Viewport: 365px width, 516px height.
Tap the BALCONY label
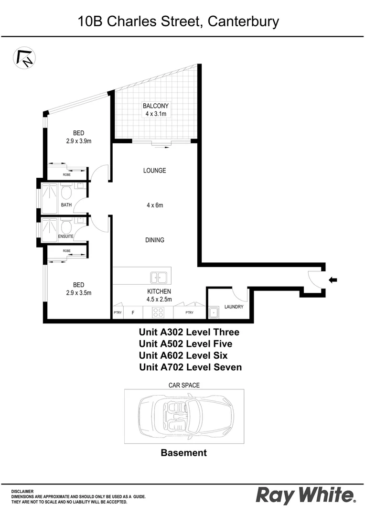(x=156, y=106)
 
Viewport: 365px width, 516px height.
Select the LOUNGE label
(x=154, y=171)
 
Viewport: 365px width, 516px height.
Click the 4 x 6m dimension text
(x=155, y=205)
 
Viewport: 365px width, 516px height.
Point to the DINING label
(x=155, y=240)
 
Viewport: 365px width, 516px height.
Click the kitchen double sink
(x=158, y=277)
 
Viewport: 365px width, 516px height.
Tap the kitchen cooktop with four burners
(x=158, y=312)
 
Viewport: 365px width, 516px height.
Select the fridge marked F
(x=133, y=313)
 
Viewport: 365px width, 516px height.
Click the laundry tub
(x=214, y=313)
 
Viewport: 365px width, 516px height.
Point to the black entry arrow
(x=333, y=280)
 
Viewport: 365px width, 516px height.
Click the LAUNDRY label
(x=234, y=307)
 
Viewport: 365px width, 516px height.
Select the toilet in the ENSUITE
(x=66, y=225)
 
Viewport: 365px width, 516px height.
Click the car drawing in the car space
(x=184, y=415)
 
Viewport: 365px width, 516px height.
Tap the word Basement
(x=183, y=453)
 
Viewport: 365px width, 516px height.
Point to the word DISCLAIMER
(x=22, y=491)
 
